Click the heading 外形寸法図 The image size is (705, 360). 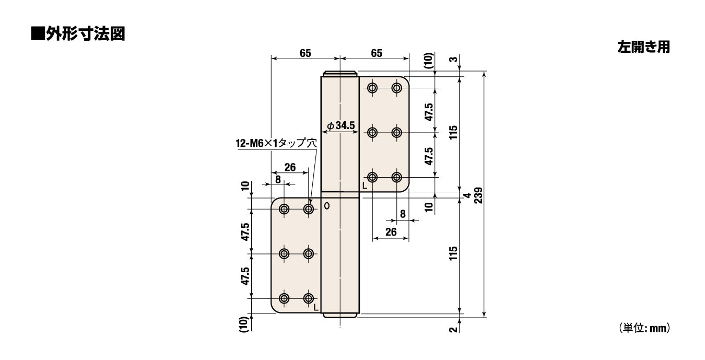pyautogui.click(x=85, y=33)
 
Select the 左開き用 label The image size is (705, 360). pyautogui.click(x=643, y=47)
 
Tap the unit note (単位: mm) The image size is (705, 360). pyautogui.click(x=644, y=328)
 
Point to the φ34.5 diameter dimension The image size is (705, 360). pyautogui.click(x=341, y=126)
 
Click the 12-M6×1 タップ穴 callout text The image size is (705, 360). pyautogui.click(x=276, y=143)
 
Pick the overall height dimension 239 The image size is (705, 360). pyautogui.click(x=478, y=195)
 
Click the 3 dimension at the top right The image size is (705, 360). pyautogui.click(x=453, y=59)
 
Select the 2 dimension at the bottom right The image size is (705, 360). pyautogui.click(x=453, y=330)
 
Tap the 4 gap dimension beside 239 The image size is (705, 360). pyautogui.click(x=468, y=195)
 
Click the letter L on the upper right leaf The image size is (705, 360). pyautogui.click(x=365, y=185)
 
